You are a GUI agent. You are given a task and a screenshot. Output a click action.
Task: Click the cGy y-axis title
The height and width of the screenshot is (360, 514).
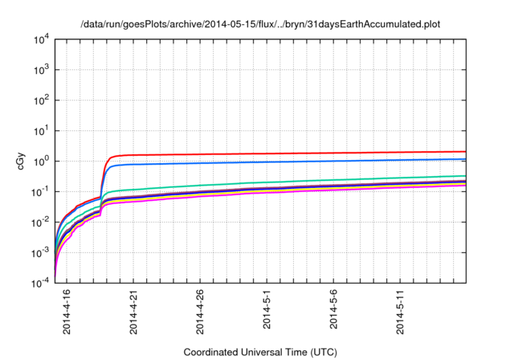click(21, 161)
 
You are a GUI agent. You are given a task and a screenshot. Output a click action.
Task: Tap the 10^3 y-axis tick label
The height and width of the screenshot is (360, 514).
click(41, 70)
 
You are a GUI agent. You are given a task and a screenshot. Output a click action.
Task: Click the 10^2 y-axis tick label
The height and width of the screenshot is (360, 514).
click(41, 100)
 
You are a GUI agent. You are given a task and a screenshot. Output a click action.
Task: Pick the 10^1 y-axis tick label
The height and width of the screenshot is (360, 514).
click(41, 130)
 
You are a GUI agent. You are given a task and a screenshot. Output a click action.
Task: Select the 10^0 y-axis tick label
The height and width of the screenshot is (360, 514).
click(41, 161)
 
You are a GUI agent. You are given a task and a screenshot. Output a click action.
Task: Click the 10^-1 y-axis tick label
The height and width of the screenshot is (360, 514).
click(41, 191)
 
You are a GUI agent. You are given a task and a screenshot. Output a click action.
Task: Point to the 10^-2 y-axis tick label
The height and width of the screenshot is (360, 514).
click(41, 222)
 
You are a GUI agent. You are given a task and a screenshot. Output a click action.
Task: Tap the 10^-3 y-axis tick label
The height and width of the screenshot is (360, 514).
click(41, 252)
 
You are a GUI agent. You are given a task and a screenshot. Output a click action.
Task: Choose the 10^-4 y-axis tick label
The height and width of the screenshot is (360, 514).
click(41, 283)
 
